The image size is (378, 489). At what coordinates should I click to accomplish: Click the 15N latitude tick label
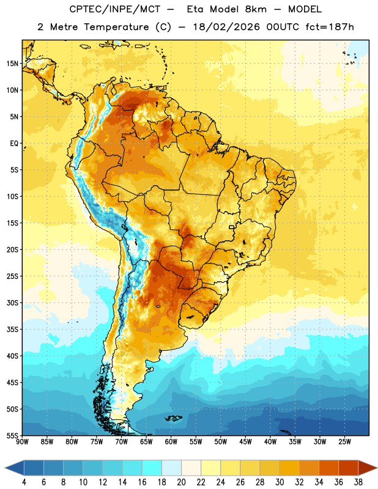[x=12, y=64]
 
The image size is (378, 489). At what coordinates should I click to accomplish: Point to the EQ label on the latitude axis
[x=14, y=144]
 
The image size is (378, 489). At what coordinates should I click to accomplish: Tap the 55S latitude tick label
[x=12, y=435]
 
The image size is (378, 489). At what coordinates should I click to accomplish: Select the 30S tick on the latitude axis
[x=12, y=303]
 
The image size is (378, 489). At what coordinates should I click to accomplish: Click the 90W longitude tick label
[x=22, y=441]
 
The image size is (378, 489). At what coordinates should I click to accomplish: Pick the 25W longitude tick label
[x=344, y=441]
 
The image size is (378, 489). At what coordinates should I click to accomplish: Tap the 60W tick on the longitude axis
[x=171, y=441]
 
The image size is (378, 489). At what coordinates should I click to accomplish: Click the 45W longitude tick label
[x=245, y=441]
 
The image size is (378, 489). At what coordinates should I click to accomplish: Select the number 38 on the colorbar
[x=358, y=482]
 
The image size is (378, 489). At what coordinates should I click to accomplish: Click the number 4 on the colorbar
[x=24, y=482]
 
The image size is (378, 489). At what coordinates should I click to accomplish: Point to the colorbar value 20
[x=181, y=482]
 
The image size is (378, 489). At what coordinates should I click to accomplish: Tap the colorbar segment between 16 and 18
[x=152, y=468]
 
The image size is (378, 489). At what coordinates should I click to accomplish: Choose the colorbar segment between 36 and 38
[x=349, y=468]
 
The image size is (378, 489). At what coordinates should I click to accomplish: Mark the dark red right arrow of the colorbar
[x=367, y=468]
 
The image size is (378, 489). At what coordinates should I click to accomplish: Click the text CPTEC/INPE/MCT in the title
[x=114, y=9]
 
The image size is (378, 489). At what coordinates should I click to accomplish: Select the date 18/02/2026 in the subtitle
[x=226, y=27]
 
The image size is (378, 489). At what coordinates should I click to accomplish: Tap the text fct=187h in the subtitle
[x=330, y=27]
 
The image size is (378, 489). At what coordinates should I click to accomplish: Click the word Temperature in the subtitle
[x=116, y=28]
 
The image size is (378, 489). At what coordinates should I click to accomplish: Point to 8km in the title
[x=256, y=9]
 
